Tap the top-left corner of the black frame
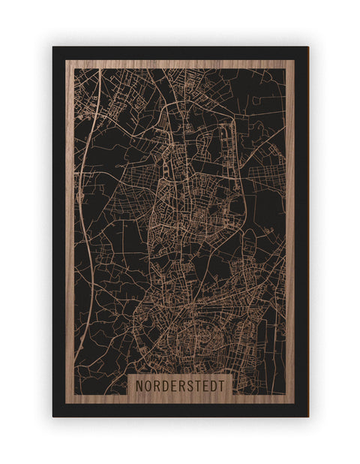53,47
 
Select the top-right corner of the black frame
307,47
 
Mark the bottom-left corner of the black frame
53,416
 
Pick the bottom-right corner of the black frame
307,416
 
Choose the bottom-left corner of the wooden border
66,403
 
